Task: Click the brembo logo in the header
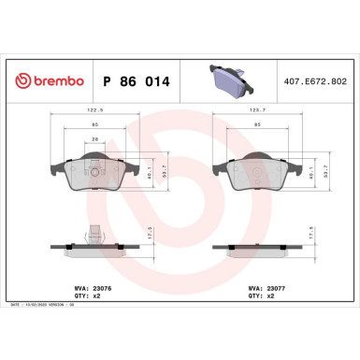coord(46,82)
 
